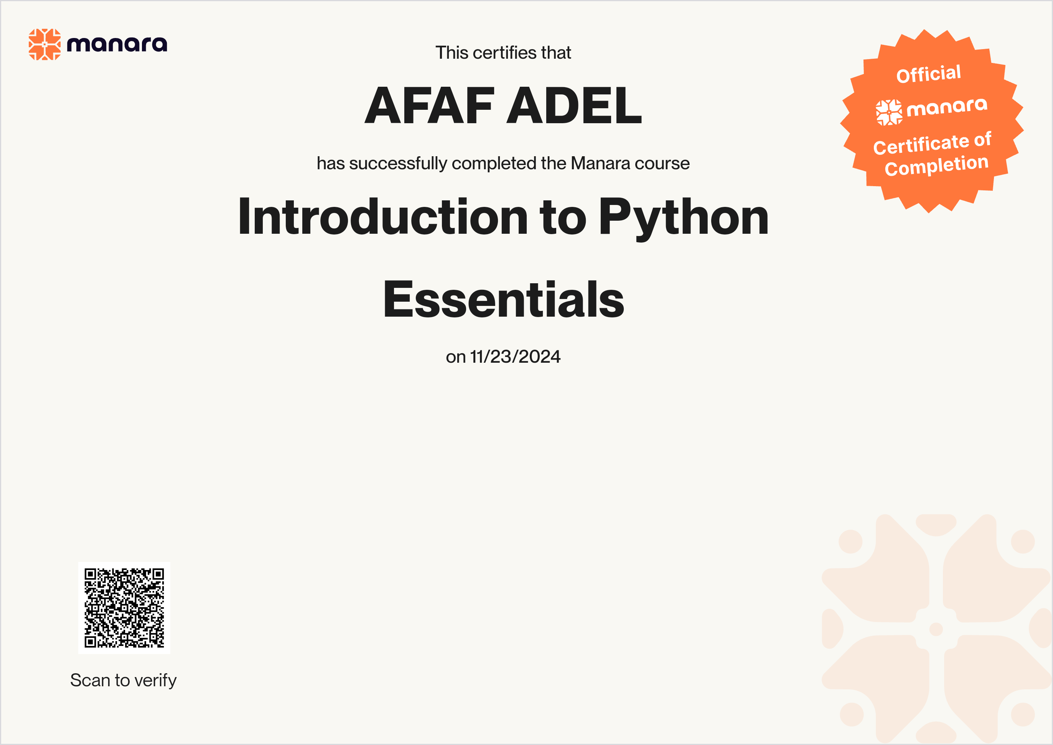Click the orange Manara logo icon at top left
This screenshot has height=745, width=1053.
coord(44,45)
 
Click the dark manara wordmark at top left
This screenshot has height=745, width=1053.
coord(117,45)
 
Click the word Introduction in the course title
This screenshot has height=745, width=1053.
coord(383,216)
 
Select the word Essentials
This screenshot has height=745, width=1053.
coord(504,299)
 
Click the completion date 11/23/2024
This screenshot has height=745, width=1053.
coord(516,357)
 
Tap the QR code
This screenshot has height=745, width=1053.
coord(124,608)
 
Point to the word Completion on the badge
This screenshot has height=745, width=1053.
coord(936,165)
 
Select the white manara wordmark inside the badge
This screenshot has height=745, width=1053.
coord(947,108)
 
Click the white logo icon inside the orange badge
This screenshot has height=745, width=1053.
coord(889,112)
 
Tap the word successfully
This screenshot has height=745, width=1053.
coord(398,163)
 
